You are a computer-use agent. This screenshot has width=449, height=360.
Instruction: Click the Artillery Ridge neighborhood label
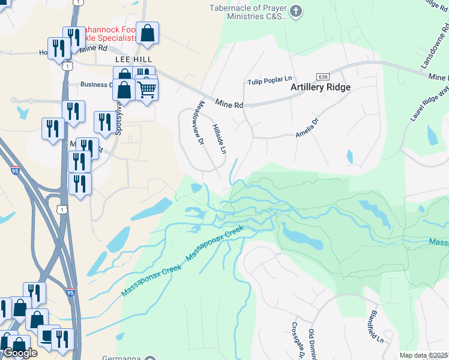[x=320, y=87]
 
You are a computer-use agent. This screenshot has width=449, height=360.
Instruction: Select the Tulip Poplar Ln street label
[x=270, y=82]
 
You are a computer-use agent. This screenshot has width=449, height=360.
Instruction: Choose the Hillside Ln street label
[x=218, y=137]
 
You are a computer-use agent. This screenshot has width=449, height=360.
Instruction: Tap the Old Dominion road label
[x=312, y=344]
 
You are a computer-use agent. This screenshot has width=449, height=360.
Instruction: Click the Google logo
[x=19, y=353]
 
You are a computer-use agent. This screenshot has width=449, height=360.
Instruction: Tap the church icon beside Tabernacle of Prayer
[x=295, y=11]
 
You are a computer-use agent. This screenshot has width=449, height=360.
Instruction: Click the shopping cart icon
[x=146, y=90]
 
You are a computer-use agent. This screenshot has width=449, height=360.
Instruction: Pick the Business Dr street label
[x=97, y=85]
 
